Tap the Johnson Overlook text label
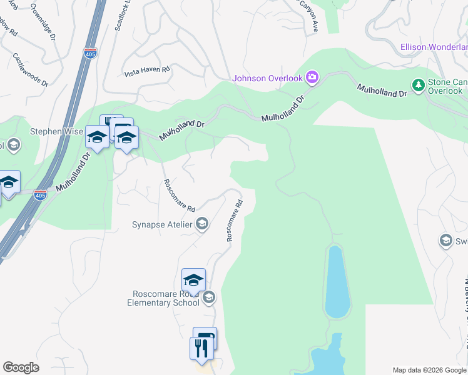tap(267, 78)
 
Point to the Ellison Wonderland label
tap(434, 47)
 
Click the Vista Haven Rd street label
tap(148, 70)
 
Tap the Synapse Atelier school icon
tap(201, 224)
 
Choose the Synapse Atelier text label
tap(162, 224)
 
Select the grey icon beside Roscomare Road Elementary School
tap(209, 297)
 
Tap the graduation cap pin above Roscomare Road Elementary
tap(193, 280)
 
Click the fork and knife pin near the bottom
tap(201, 348)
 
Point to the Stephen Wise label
tap(56, 131)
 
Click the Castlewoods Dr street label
tap(29, 69)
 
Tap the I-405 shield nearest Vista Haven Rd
tap(91, 54)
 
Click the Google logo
tap(21, 367)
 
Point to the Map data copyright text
tap(429, 370)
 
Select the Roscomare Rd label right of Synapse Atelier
tap(234, 221)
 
